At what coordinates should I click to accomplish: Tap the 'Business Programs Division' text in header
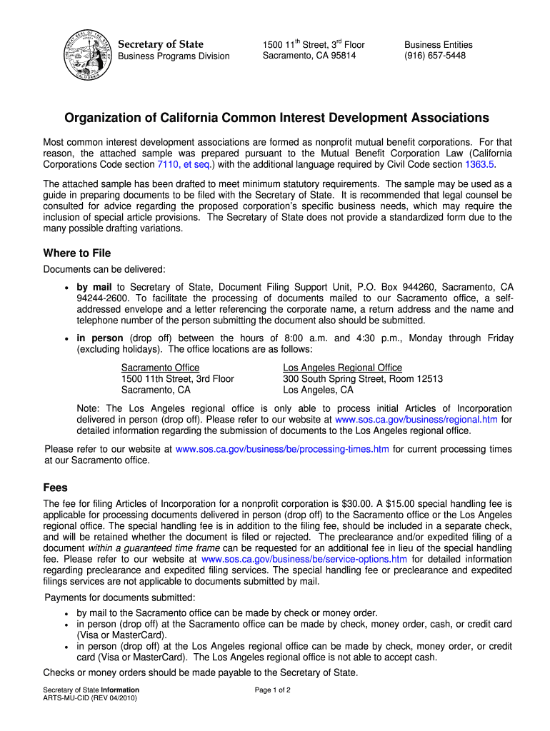point(174,56)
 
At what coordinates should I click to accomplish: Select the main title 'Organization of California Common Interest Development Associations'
point(277,118)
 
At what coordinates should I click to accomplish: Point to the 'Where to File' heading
point(77,253)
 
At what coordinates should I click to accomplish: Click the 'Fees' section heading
point(56,488)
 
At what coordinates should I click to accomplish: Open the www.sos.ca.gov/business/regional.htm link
point(416,420)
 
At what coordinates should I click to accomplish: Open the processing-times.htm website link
point(282,449)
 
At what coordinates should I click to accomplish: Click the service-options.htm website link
point(304,559)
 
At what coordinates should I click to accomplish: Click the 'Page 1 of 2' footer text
point(272,690)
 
